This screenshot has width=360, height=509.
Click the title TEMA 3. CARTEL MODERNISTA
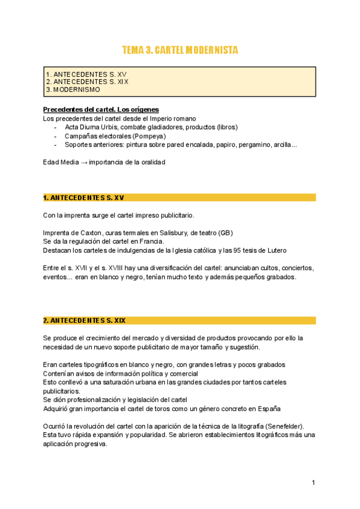tap(180, 50)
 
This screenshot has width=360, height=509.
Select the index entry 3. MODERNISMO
tap(73, 89)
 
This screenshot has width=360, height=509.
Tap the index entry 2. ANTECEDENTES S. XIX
tap(87, 82)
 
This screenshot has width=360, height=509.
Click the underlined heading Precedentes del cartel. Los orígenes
tap(101, 110)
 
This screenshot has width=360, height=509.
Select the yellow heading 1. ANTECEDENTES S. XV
tap(84, 197)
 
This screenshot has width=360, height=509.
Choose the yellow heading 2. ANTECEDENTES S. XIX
tap(85, 321)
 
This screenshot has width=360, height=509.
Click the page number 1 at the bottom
tap(313, 483)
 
